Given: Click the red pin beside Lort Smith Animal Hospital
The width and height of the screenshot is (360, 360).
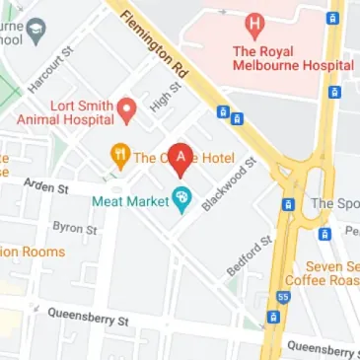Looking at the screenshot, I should click(x=126, y=109).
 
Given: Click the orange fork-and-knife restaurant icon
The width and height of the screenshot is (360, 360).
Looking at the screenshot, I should click(x=119, y=155).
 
